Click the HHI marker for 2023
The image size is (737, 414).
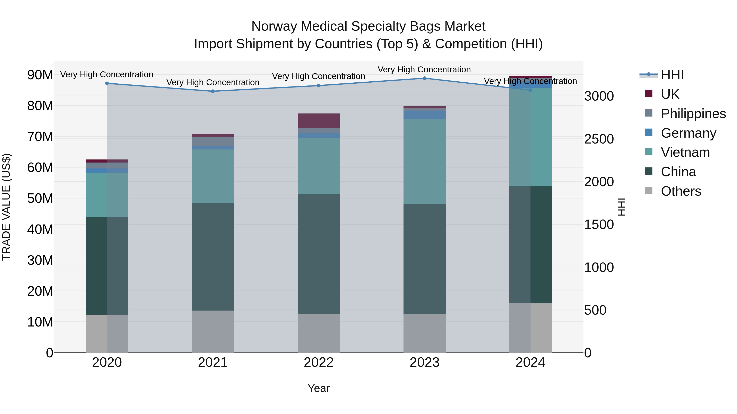pos(424,78)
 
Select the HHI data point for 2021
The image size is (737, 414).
pos(213,91)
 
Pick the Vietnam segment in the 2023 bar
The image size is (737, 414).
pos(424,162)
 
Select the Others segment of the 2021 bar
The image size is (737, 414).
pos(213,331)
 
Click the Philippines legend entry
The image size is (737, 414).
pos(693,114)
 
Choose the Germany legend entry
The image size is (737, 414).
pos(688,133)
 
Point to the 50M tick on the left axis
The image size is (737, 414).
pos(40,198)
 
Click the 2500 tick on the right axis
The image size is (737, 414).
pos(599,139)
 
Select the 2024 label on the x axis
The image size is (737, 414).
pos(530,362)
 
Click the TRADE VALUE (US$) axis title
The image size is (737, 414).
pos(7,207)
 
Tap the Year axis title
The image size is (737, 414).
pos(318,388)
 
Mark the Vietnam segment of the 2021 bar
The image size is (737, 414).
pos(213,176)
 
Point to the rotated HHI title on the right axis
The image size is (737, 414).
pos(621,207)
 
